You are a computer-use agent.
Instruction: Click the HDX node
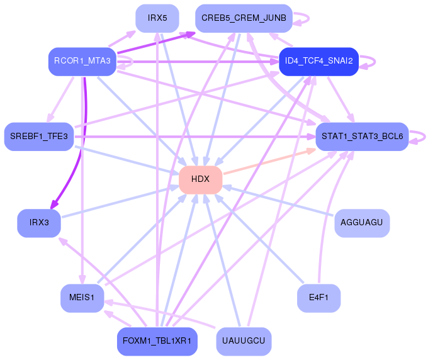point(200,179)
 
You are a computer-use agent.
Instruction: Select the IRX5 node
point(157,18)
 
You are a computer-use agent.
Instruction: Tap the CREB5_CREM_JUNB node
point(244,18)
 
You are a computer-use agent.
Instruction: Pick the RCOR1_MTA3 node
point(82,61)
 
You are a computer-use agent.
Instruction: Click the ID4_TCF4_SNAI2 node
point(318,61)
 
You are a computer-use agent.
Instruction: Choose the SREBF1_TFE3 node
point(39,136)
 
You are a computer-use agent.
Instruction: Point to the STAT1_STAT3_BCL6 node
point(362,136)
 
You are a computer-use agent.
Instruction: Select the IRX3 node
point(39,222)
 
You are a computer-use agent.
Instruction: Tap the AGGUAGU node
point(362,222)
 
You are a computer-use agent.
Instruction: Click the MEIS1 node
point(82,298)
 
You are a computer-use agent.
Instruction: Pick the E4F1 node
point(318,298)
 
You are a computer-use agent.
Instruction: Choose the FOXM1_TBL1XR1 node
point(157,341)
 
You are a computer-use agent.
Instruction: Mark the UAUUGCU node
point(244,341)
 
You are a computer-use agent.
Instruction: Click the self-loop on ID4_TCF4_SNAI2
point(371,61)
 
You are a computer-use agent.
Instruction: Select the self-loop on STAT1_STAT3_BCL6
point(420,136)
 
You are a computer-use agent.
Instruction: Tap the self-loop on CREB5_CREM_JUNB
point(303,18)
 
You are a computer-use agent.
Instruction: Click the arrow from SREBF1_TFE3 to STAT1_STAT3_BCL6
point(189,136)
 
